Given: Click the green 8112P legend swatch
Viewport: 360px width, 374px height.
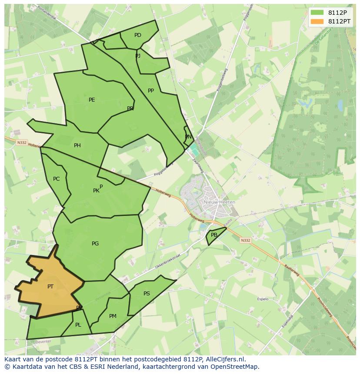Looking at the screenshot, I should [317, 12].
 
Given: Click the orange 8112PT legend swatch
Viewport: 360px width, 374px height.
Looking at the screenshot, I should [317, 21].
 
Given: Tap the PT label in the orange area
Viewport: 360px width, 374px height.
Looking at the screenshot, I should [50, 286].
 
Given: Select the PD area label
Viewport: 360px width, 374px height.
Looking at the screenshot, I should [138, 35].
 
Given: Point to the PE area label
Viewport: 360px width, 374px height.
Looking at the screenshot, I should [92, 100].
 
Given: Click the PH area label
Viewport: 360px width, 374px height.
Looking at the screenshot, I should [77, 146].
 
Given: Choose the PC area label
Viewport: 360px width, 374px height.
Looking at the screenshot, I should [57, 179].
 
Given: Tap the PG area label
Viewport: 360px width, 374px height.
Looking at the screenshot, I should [95, 244].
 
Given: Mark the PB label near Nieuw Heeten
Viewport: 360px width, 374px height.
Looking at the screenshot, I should [214, 235].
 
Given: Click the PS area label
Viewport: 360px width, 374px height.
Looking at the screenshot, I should [147, 294].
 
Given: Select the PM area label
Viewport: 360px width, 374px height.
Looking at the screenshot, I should [113, 316].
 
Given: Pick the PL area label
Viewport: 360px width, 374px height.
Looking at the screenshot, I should [78, 325].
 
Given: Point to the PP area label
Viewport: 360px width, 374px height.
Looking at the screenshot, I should [151, 91].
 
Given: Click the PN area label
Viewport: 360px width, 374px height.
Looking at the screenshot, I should [188, 137].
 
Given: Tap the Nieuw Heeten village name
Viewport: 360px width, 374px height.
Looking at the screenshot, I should [219, 202].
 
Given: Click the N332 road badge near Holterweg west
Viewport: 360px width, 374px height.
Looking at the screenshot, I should [22, 142].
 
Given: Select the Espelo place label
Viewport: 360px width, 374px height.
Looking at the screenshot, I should [263, 299].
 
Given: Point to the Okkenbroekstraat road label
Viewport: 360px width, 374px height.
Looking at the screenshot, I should [167, 262].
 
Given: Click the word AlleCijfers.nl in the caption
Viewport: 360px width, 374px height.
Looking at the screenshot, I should [224, 359].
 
